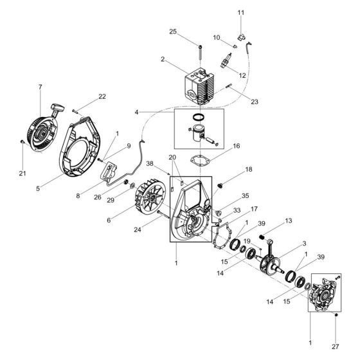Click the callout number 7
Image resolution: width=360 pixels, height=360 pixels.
[40, 87]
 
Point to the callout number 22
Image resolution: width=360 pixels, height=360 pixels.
[102, 97]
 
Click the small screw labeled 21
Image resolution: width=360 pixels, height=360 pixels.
[22, 141]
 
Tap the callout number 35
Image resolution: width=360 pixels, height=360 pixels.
[245, 195]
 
